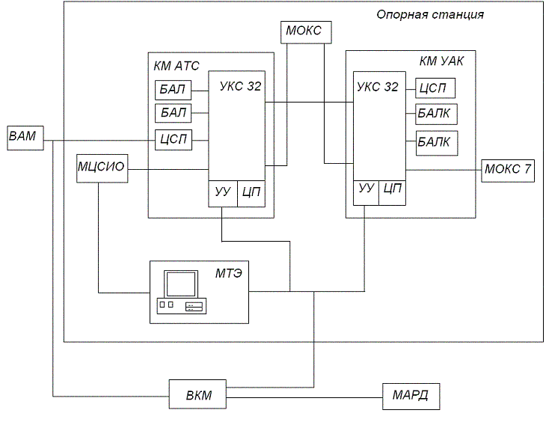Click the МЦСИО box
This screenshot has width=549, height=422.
[101, 169]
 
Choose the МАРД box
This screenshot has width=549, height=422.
[410, 394]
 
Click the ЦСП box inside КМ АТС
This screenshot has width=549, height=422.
[173, 139]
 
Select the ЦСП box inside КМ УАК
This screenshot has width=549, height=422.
[435, 88]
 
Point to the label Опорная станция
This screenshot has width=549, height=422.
[430, 14]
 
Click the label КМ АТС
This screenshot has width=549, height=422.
[177, 66]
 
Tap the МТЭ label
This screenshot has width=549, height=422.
[227, 276]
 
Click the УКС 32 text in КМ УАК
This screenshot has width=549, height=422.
[378, 87]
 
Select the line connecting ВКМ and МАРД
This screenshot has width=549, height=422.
[304, 394]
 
